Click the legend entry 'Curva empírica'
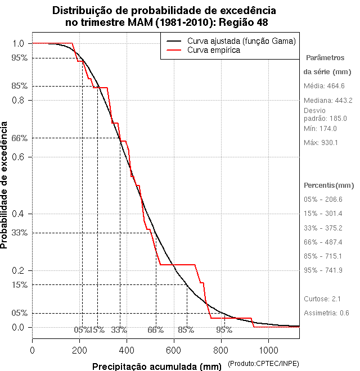[214, 50]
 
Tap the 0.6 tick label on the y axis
[17, 157]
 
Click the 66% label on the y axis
[20, 138]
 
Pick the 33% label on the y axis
[20, 233]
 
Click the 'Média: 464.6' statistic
[324, 86]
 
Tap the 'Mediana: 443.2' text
[328, 101]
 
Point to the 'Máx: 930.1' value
[321, 143]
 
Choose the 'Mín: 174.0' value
[320, 129]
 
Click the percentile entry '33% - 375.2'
[323, 228]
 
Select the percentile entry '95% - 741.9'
[323, 270]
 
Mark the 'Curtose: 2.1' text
[322, 298]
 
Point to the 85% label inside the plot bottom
[186, 329]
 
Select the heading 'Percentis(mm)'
[329, 185]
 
